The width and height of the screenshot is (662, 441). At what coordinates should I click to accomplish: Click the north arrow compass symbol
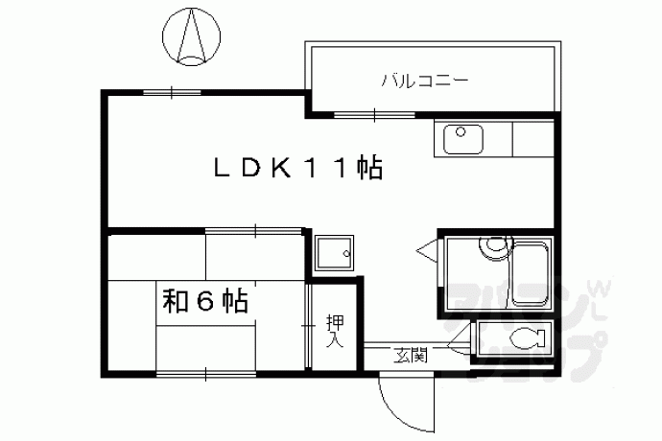[191, 37]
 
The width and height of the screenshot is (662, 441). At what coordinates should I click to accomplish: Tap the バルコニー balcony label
[425, 81]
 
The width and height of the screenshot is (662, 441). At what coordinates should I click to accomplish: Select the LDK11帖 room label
[298, 168]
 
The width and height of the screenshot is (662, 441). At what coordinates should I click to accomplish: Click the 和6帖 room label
[205, 300]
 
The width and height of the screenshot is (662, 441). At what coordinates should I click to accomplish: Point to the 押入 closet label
[335, 331]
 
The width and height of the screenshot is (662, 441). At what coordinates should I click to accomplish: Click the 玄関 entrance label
[411, 356]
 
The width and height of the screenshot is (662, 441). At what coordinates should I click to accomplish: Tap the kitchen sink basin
[463, 139]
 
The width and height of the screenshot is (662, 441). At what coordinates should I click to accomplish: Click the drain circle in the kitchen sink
[461, 132]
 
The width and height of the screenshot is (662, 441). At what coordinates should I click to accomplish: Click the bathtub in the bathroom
[531, 274]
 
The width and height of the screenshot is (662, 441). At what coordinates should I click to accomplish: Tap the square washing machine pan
[335, 253]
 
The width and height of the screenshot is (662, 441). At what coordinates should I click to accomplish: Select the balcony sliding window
[375, 114]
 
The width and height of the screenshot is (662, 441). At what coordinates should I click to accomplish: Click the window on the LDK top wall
[172, 92]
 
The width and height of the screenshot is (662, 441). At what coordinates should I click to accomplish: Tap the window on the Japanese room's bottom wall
[205, 374]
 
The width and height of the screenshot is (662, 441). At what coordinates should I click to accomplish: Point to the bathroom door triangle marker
[428, 251]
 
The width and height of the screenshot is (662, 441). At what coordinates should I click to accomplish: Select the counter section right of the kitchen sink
[532, 138]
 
